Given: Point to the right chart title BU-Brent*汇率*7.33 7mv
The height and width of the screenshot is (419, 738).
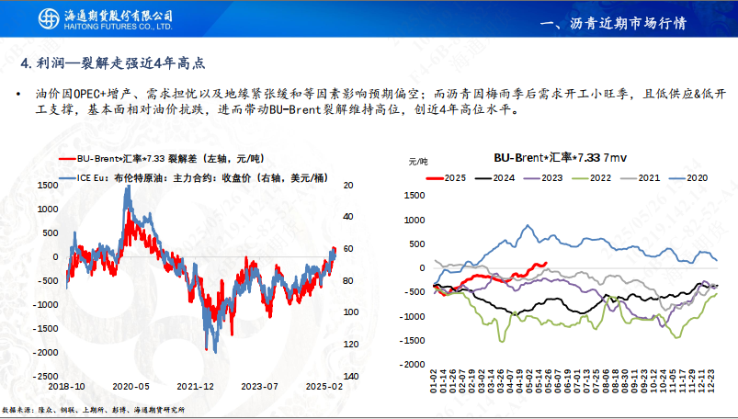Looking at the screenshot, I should click(542, 158).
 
